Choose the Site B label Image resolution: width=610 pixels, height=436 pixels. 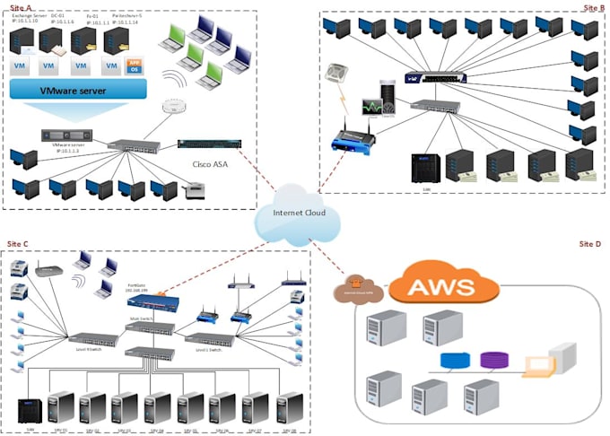point(594,7)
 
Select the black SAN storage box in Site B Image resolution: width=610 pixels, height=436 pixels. point(423,168)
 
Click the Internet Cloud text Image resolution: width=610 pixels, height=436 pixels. point(295,214)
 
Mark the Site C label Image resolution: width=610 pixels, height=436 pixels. point(19,244)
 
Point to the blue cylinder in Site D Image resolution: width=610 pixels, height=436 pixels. point(457,361)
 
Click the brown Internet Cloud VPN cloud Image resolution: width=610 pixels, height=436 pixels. point(359,290)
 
